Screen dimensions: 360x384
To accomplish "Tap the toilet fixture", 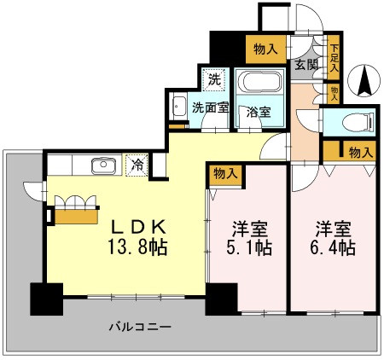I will [x=363, y=120].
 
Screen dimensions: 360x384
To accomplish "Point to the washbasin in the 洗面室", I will [x=179, y=108].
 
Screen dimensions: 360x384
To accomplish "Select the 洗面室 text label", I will [x=208, y=108].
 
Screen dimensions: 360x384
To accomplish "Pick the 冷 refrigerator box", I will [x=137, y=164].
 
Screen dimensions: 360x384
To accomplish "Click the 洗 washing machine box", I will [x=213, y=78].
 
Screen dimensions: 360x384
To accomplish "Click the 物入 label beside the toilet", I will [x=361, y=152].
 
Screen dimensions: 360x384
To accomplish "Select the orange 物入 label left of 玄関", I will [x=265, y=49].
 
